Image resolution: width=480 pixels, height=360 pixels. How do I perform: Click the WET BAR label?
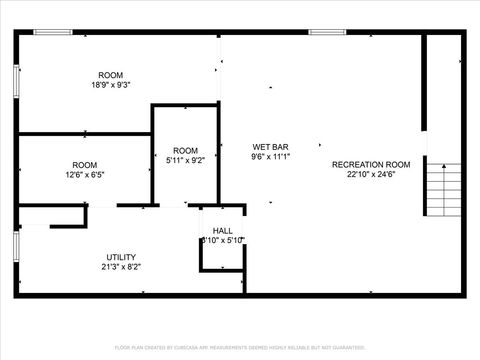tap(270, 146)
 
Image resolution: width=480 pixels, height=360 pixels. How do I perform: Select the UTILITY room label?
tap(121, 257)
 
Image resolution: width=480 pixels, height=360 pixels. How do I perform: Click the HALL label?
tap(222, 230)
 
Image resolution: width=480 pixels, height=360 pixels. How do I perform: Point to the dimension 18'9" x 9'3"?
tap(110, 86)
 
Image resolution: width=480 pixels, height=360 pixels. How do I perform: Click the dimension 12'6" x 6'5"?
tap(84, 175)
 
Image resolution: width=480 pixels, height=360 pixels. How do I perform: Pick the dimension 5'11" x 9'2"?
tap(185, 160)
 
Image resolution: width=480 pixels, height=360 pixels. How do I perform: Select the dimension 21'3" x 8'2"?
tap(121, 267)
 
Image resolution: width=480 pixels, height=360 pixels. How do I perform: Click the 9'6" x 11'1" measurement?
tap(270, 156)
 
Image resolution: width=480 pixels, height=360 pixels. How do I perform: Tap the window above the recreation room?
tap(326, 32)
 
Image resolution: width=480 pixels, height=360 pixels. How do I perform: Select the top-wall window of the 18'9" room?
tap(52, 32)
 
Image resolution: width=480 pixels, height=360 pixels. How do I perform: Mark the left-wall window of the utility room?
tap(16, 246)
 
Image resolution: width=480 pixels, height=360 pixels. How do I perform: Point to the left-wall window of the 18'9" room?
tap(16, 84)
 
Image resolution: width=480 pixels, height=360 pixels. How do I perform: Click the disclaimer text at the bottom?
tap(240, 346)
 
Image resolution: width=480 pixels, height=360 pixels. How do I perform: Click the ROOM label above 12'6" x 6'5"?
tap(84, 165)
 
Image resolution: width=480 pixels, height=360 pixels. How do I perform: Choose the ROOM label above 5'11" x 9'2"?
tap(185, 150)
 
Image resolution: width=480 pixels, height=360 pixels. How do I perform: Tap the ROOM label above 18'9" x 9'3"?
tap(110, 76)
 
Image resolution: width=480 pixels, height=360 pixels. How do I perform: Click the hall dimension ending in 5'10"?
tap(222, 240)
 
